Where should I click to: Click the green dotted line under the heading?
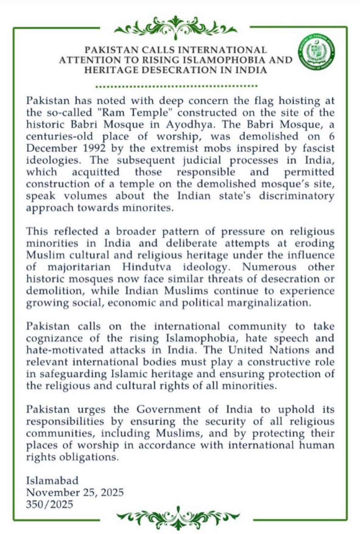[177, 86]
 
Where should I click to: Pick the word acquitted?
[96, 172]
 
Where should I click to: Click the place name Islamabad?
[52, 481]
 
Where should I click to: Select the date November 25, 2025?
[75, 492]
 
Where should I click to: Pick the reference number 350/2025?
[50, 504]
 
